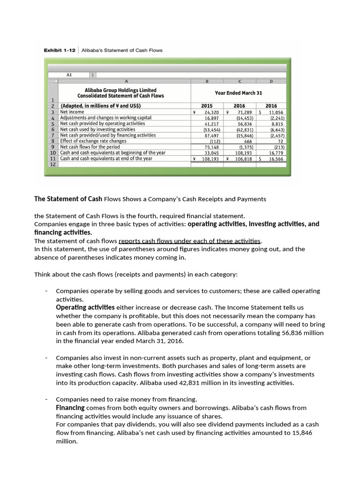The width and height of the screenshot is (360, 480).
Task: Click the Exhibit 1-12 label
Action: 59,50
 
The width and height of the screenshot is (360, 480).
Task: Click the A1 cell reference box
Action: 69,75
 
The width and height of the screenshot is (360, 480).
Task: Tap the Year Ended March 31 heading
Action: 238,93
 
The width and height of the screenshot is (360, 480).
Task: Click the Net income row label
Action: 72,112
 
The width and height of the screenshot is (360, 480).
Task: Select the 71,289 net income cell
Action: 244,112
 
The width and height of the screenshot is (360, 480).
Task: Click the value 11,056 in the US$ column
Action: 276,112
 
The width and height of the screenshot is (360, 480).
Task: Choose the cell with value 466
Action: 248,141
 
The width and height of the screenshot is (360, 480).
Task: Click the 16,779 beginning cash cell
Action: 276,153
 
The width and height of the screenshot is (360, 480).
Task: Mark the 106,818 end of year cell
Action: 243,159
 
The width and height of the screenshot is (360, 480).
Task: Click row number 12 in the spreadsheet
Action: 52,165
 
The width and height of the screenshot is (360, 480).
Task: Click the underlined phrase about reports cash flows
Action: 190,241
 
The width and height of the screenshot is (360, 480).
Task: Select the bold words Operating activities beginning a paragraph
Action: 85,307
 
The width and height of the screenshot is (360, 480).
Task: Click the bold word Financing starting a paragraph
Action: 70,408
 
